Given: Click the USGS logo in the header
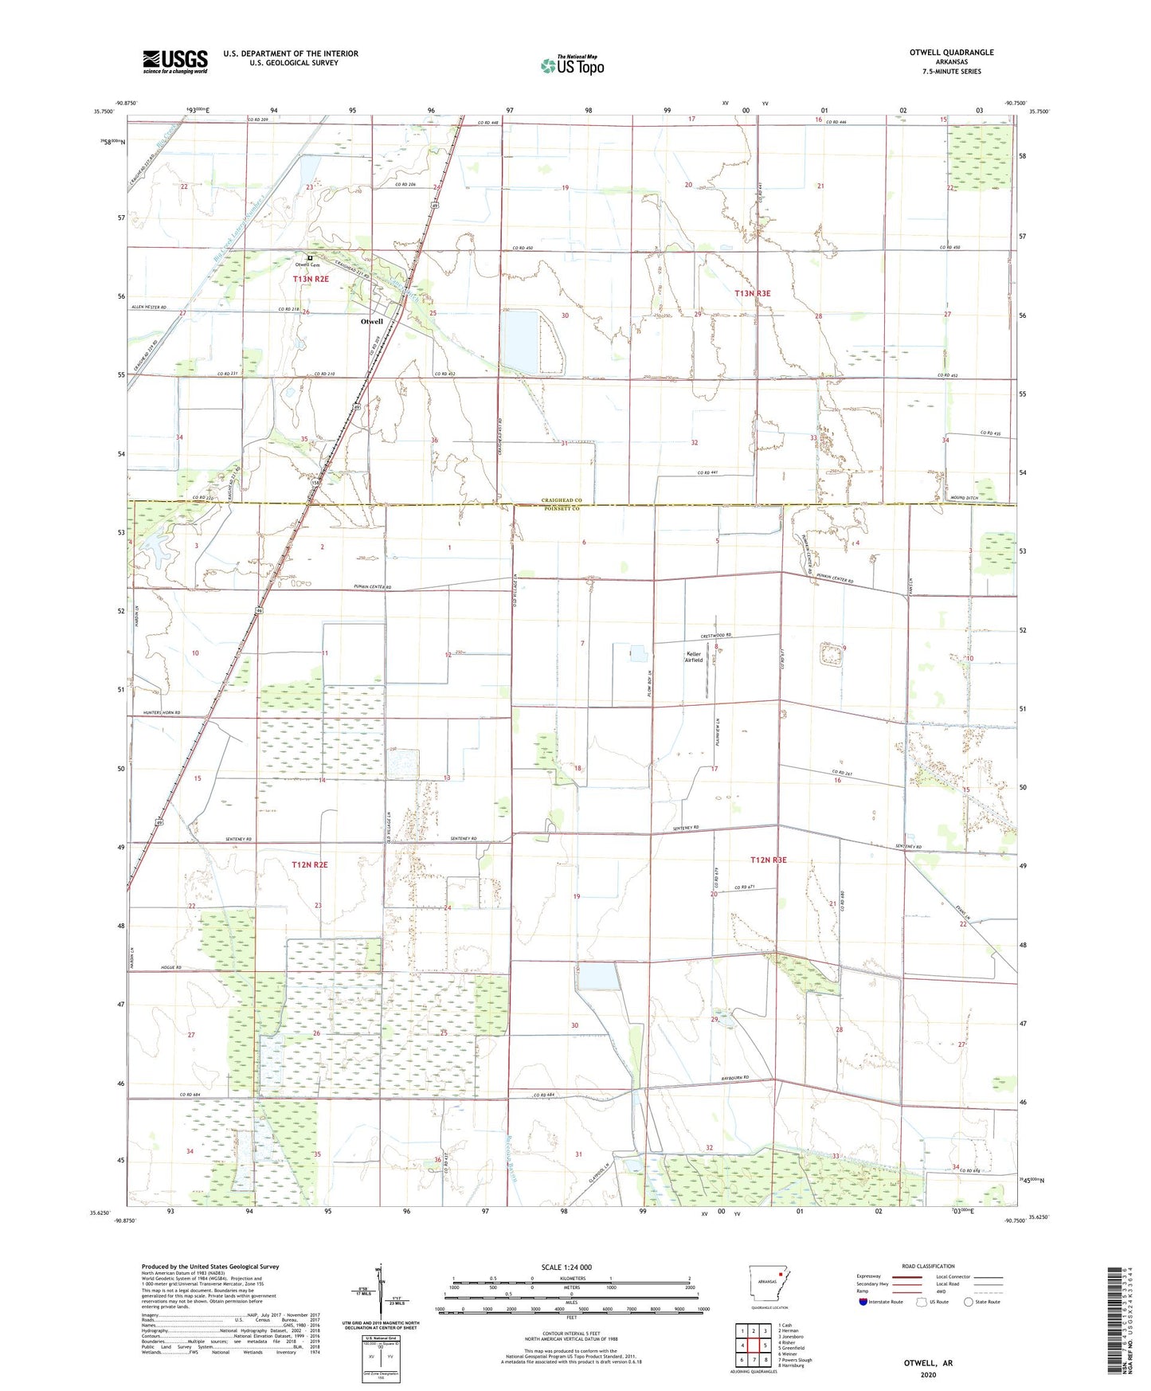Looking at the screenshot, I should point(174,61).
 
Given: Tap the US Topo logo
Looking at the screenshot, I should point(572,65).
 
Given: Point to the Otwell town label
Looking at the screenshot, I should point(372,322).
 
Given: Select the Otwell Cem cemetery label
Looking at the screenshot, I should point(307,264).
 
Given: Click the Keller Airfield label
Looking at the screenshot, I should point(695,657).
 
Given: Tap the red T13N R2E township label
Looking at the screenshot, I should point(310,279).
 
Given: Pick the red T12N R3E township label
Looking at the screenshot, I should point(768,860).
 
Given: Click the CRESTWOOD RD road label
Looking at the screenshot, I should point(715,636).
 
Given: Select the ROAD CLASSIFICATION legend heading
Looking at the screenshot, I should point(928,1266).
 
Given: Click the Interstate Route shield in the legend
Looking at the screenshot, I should point(864,1302).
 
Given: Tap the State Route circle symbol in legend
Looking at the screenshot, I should point(969,1302).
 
